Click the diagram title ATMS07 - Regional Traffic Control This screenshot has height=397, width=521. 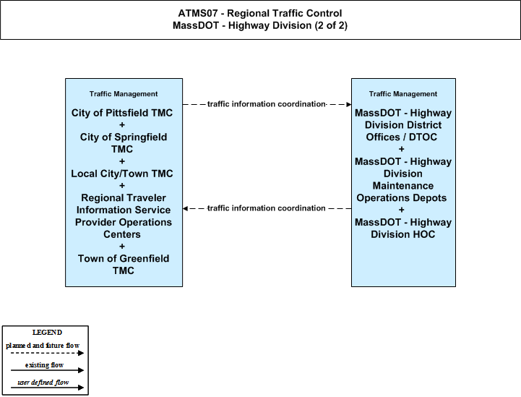click(260, 13)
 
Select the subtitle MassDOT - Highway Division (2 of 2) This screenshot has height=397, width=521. click(260, 25)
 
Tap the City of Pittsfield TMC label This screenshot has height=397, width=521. click(122, 113)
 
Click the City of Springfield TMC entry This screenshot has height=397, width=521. click(124, 143)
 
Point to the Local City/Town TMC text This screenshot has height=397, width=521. click(122, 174)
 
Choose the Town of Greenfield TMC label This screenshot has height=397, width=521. click(124, 265)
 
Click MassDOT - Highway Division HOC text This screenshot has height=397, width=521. click(403, 228)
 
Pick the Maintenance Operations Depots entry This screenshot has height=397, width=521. click(402, 192)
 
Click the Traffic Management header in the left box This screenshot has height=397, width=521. click(124, 94)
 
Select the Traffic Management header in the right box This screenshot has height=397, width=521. click(403, 94)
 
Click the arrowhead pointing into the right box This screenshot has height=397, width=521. click(349, 104)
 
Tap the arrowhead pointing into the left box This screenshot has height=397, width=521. click(185, 208)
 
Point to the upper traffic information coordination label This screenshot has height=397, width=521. click(266, 104)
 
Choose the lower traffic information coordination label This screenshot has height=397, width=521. click(266, 208)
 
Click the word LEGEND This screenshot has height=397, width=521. click(47, 333)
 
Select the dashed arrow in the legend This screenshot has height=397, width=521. click(47, 353)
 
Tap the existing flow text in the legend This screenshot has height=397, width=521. click(44, 365)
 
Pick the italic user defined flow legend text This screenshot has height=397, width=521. click(43, 383)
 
